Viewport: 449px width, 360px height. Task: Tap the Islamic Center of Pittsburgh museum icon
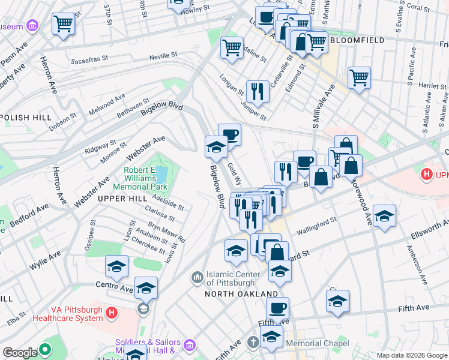[x=197, y=278]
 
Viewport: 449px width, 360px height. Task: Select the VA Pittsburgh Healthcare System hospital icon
[x=110, y=313]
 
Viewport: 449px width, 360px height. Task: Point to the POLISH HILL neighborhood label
[x=25, y=118]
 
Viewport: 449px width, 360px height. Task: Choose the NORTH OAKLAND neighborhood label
[x=241, y=294]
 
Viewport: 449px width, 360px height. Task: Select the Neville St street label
[x=163, y=55]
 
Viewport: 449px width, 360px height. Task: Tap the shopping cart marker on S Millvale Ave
[x=359, y=77]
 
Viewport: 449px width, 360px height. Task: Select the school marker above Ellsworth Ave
[x=384, y=217]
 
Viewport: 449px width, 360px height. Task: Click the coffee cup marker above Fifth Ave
[x=277, y=308]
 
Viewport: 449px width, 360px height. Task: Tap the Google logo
[x=20, y=353]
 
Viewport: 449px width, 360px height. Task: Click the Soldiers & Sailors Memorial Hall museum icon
[x=190, y=345]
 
